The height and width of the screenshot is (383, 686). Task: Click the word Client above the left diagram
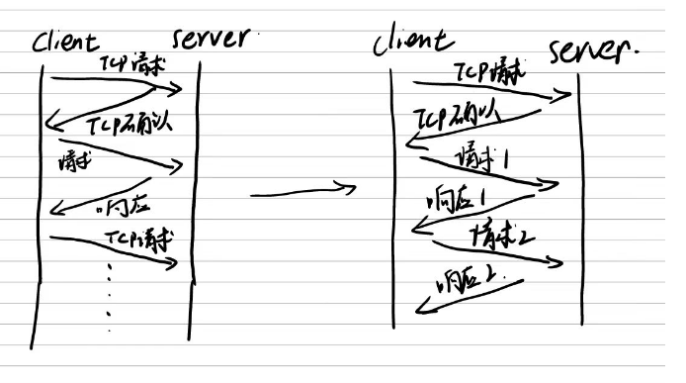click(65, 44)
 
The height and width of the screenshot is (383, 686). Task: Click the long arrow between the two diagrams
click(301, 191)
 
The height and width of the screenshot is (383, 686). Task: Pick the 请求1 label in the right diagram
click(483, 158)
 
